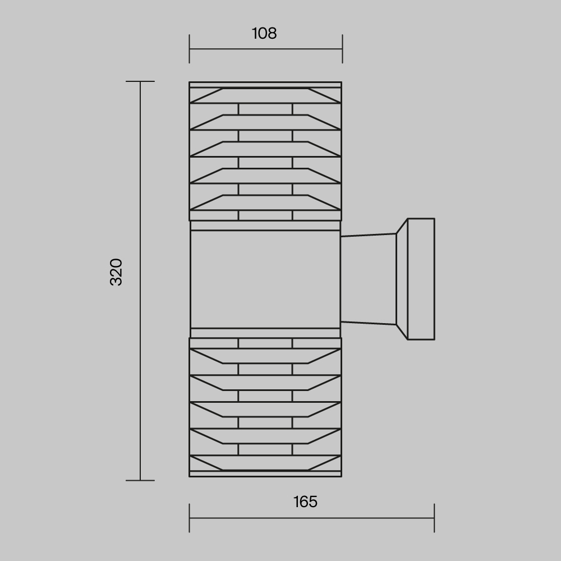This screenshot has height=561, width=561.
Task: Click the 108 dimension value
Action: [x=264, y=33]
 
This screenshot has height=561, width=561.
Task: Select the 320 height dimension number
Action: [x=116, y=272]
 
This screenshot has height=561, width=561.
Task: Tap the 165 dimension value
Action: [x=305, y=502]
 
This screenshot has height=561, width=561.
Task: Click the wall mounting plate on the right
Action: [x=421, y=279]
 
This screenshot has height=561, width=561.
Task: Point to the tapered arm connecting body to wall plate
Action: [x=369, y=279]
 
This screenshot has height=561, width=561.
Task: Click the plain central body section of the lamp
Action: [x=265, y=279]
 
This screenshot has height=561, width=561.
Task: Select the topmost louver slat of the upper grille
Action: [x=265, y=96]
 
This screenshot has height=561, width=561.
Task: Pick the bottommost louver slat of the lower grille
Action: [x=265, y=463]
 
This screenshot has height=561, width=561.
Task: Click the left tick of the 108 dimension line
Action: [x=189, y=49]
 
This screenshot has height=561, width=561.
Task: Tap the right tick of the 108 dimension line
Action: [x=342, y=49]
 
